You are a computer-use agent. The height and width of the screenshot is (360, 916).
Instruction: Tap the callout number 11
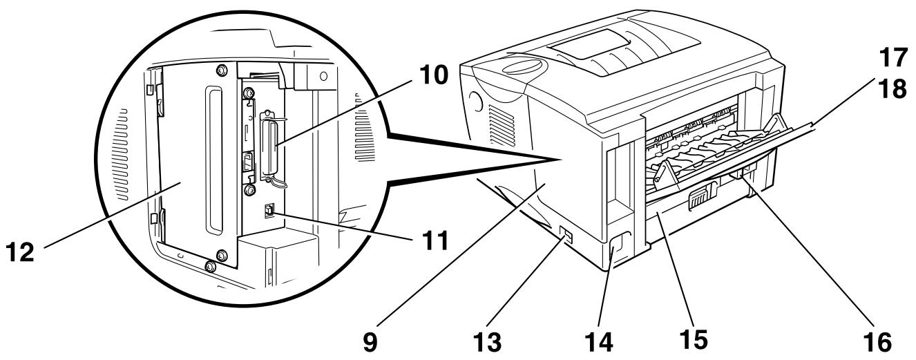click(x=435, y=240)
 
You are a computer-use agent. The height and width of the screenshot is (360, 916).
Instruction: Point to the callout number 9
click(x=370, y=343)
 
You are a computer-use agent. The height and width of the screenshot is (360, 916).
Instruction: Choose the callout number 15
click(x=694, y=339)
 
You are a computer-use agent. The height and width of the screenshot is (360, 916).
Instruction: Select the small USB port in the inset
click(x=269, y=210)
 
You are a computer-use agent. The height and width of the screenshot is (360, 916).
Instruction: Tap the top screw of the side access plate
click(x=221, y=70)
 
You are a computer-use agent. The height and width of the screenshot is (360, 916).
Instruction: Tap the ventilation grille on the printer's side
click(x=502, y=126)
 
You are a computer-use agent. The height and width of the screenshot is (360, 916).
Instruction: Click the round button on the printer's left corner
click(x=475, y=101)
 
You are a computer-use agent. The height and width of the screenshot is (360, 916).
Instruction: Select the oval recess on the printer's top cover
click(x=524, y=67)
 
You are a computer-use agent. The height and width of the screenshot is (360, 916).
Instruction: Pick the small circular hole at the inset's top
click(x=323, y=76)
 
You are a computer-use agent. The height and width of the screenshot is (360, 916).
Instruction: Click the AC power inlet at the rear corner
click(x=617, y=247)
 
